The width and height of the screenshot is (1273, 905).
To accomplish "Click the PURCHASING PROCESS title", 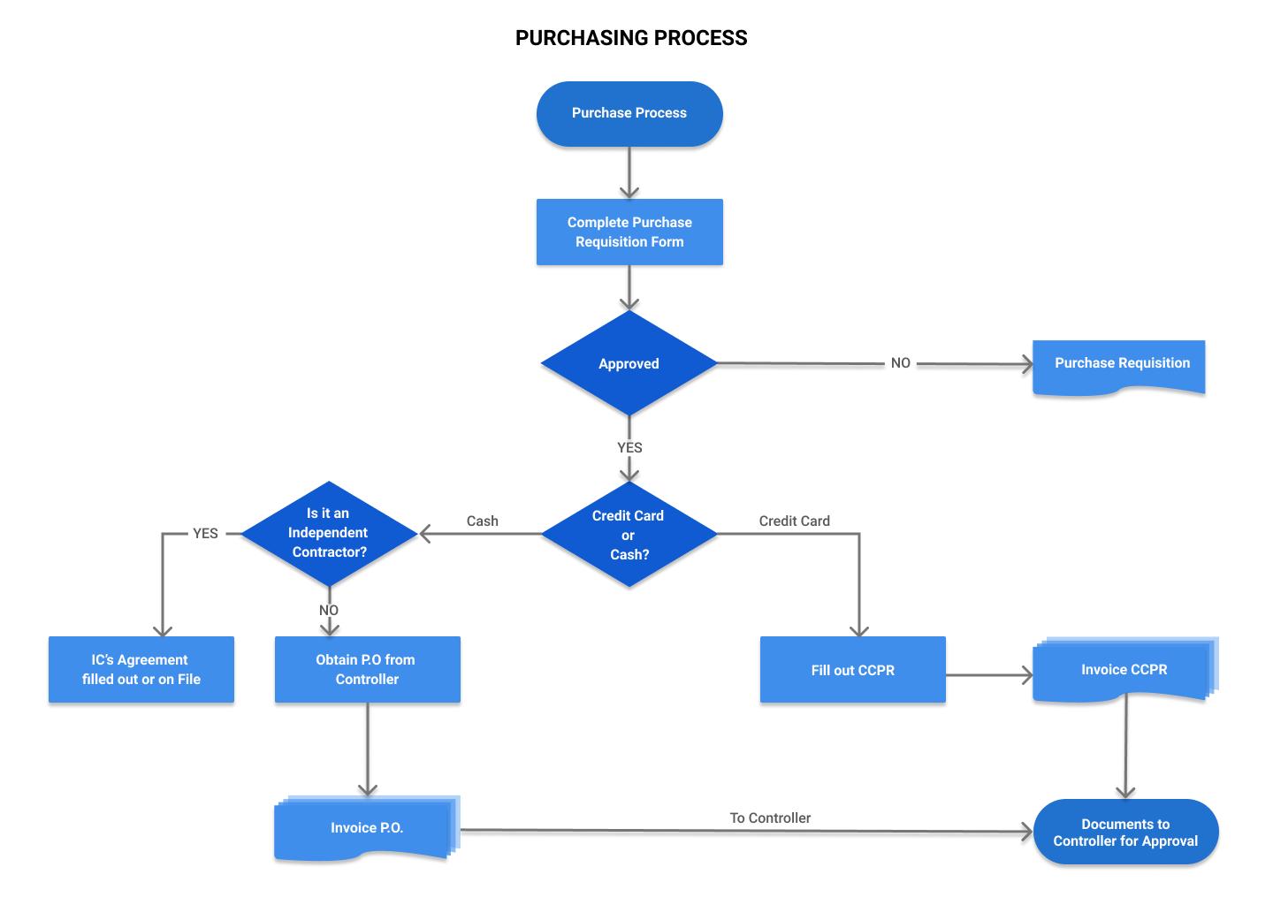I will point(631,38).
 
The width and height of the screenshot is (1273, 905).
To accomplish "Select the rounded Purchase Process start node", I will point(629,113).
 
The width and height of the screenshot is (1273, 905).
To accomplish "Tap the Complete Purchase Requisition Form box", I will point(629,232).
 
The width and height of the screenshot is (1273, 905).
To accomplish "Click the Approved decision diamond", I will point(629,363).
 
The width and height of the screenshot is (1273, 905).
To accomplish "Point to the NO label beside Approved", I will point(900,363).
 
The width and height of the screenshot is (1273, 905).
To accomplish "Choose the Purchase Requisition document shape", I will point(1119,365).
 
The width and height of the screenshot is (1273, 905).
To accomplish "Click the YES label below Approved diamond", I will point(629,447).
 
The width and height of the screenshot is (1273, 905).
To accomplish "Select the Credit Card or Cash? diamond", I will point(629,535).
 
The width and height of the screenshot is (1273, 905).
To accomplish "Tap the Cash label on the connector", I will point(482,521).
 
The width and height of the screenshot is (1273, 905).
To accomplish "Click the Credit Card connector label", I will point(794,521).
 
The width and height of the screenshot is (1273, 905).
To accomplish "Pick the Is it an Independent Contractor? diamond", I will point(328,533).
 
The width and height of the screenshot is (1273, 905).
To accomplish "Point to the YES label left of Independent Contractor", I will point(205,534).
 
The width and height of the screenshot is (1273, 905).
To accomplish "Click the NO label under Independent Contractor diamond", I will point(328,611).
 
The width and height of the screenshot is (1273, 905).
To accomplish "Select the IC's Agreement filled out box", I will point(141,670).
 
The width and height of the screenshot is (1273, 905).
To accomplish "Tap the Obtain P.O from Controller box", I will point(367,670).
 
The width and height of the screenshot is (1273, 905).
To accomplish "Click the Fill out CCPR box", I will point(852,670).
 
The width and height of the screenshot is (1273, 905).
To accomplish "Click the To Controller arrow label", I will point(770,818).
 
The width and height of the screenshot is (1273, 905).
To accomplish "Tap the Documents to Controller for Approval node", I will point(1125,832).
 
